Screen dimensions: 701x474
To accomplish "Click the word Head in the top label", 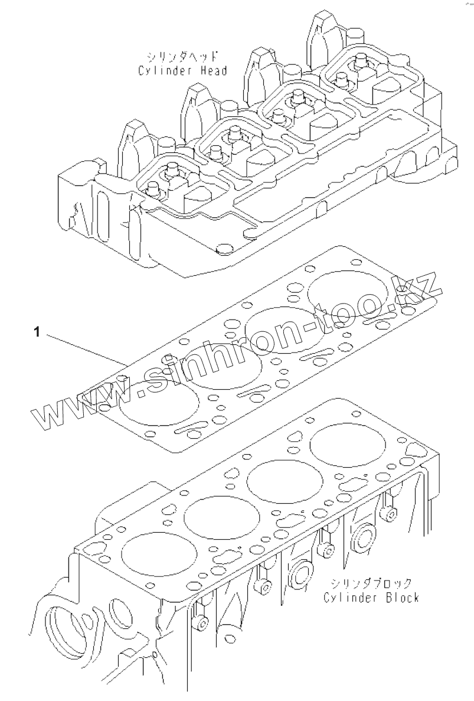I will click(x=212, y=71).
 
